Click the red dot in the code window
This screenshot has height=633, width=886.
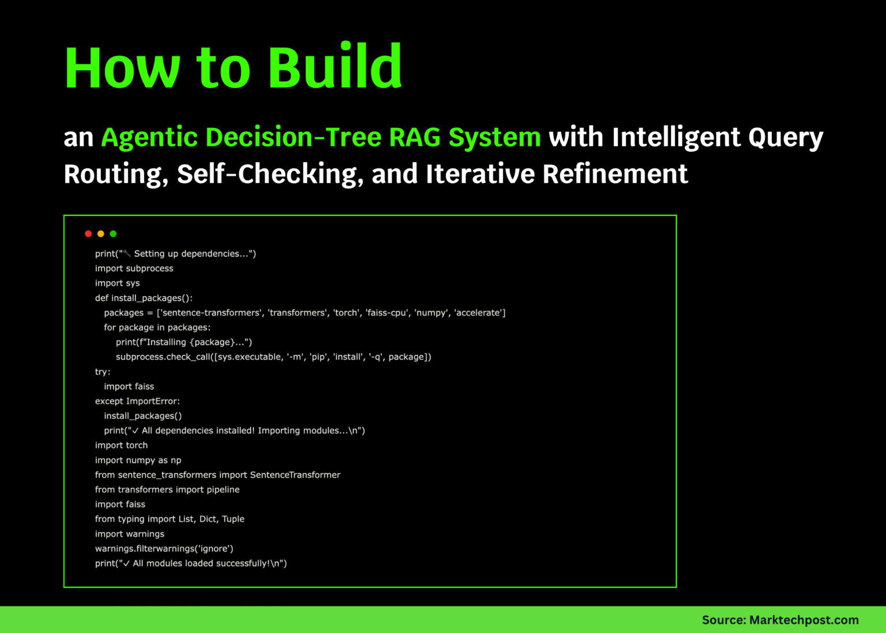pyautogui.click(x=88, y=234)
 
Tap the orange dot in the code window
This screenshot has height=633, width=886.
pyautogui.click(x=101, y=234)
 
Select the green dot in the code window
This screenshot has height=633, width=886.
pyautogui.click(x=113, y=234)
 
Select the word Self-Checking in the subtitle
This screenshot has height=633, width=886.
pyautogui.click(x=270, y=174)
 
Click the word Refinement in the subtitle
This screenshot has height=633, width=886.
pyautogui.click(x=615, y=174)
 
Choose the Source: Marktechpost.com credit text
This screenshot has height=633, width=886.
pyautogui.click(x=780, y=620)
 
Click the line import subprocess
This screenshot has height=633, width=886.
pyautogui.click(x=134, y=268)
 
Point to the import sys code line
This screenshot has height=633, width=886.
pyautogui.click(x=117, y=283)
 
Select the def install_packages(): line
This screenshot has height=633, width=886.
pyautogui.click(x=144, y=298)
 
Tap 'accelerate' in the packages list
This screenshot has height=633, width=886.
pyautogui.click(x=479, y=313)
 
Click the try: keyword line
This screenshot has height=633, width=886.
pyautogui.click(x=103, y=372)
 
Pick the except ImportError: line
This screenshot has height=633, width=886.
pyautogui.click(x=137, y=401)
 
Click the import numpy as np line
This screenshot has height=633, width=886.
pyautogui.click(x=138, y=460)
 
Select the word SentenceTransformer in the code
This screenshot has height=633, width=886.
pyautogui.click(x=295, y=475)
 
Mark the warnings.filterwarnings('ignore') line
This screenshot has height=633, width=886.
pyautogui.click(x=164, y=549)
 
